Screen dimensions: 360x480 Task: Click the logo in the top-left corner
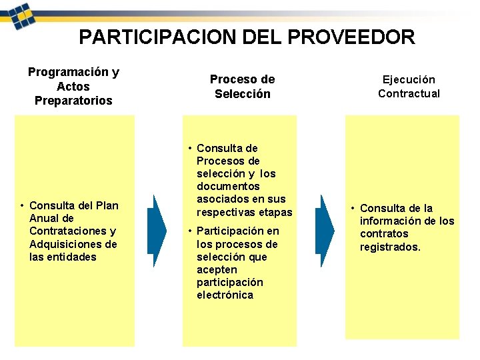(19, 13)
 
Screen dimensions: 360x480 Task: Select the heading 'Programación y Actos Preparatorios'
(73, 86)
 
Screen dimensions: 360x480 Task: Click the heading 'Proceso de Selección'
(242, 87)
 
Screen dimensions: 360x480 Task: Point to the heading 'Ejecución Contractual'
(409, 87)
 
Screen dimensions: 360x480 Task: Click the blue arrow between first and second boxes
(157, 231)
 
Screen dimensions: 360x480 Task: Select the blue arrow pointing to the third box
(325, 231)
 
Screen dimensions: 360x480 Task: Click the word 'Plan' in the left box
(107, 205)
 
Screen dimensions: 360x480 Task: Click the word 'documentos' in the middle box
(228, 186)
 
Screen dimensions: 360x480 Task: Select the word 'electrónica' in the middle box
(225, 295)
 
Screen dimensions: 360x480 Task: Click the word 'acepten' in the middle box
(217, 269)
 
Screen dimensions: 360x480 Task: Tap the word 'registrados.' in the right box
(391, 247)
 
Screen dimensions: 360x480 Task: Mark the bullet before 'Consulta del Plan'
(23, 205)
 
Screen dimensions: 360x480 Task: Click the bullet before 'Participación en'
(190, 231)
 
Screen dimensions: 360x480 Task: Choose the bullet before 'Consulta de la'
(353, 208)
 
